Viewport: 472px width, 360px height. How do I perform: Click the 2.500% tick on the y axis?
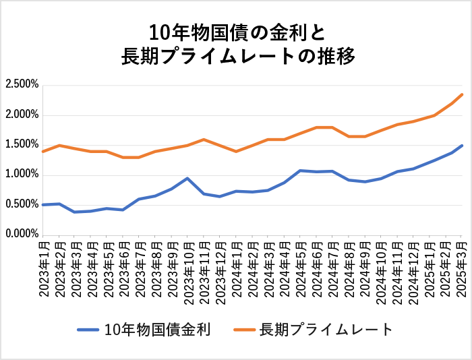pyautogui.click(x=22, y=85)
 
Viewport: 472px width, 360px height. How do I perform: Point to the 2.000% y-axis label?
pyautogui.click(x=22, y=115)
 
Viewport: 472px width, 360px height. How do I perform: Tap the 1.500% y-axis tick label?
pyautogui.click(x=22, y=145)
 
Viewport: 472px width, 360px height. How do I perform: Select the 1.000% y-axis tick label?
pyautogui.click(x=22, y=175)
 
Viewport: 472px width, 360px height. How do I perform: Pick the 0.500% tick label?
pyautogui.click(x=22, y=204)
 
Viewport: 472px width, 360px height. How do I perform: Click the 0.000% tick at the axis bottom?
pyautogui.click(x=22, y=234)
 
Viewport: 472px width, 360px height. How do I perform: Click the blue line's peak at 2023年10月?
pyautogui.click(x=187, y=179)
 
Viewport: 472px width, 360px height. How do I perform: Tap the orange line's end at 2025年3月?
pyautogui.click(x=462, y=94)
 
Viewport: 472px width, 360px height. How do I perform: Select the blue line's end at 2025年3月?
pyautogui.click(x=462, y=146)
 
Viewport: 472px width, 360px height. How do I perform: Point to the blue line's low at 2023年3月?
pyautogui.click(x=76, y=212)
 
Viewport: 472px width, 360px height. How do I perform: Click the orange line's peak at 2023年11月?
pyautogui.click(x=204, y=140)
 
